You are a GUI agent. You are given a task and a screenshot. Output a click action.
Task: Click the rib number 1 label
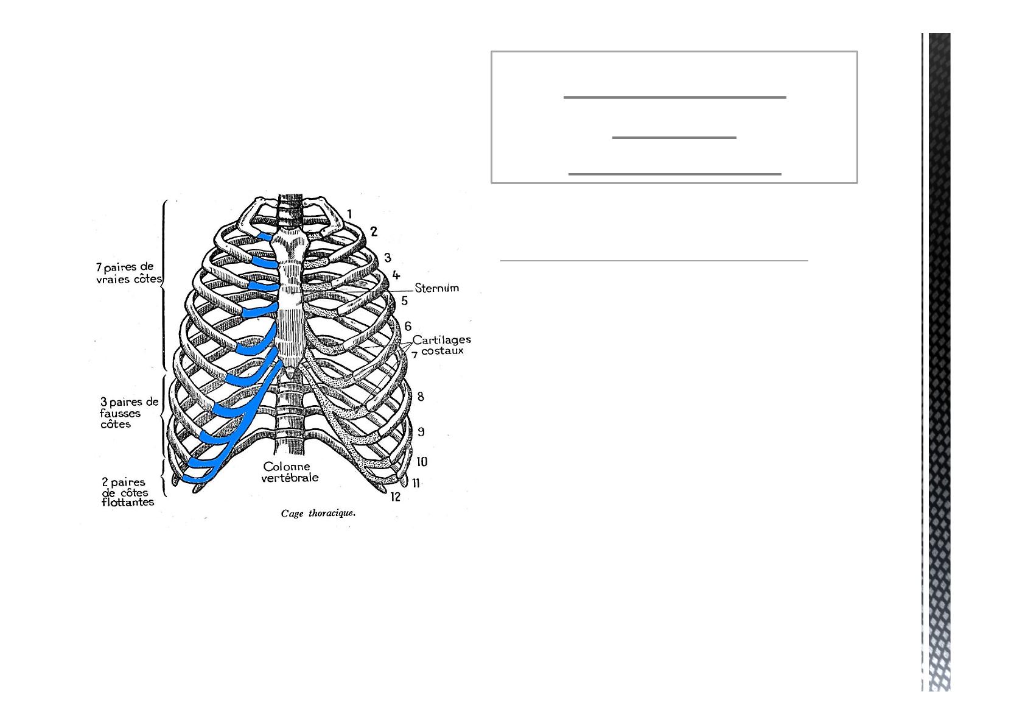pyautogui.click(x=350, y=213)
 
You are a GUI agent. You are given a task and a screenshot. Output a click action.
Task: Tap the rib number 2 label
pyautogui.click(x=374, y=231)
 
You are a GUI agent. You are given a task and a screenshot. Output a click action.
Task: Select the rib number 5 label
pyautogui.click(x=404, y=301)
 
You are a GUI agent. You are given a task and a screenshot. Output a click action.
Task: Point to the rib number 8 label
pyautogui.click(x=421, y=397)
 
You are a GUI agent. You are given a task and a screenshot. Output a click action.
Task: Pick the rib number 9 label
pyautogui.click(x=421, y=432)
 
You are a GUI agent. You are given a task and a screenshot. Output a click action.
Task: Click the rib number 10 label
pyautogui.click(x=421, y=462)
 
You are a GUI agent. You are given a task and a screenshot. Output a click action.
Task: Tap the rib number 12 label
pyautogui.click(x=396, y=497)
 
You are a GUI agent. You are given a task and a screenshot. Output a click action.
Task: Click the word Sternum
pyautogui.click(x=436, y=288)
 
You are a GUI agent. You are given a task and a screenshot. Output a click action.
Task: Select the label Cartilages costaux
pyautogui.click(x=442, y=345)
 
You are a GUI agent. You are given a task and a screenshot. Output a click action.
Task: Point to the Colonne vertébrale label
pyautogui.click(x=290, y=472)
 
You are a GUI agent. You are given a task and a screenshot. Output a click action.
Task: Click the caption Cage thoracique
pyautogui.click(x=318, y=514)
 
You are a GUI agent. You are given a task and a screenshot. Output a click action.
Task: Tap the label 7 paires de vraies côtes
pyautogui.click(x=128, y=273)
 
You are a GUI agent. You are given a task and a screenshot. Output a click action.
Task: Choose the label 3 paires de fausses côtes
pyautogui.click(x=129, y=413)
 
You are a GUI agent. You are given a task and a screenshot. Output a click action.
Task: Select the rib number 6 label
pyautogui.click(x=408, y=327)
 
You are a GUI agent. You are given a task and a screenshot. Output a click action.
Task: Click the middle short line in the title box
pyautogui.click(x=674, y=138)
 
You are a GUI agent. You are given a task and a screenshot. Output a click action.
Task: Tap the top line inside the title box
pyautogui.click(x=674, y=97)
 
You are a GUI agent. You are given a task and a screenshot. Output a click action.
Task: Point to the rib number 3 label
pyautogui.click(x=387, y=258)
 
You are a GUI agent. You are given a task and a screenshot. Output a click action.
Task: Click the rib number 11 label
pyautogui.click(x=416, y=483)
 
